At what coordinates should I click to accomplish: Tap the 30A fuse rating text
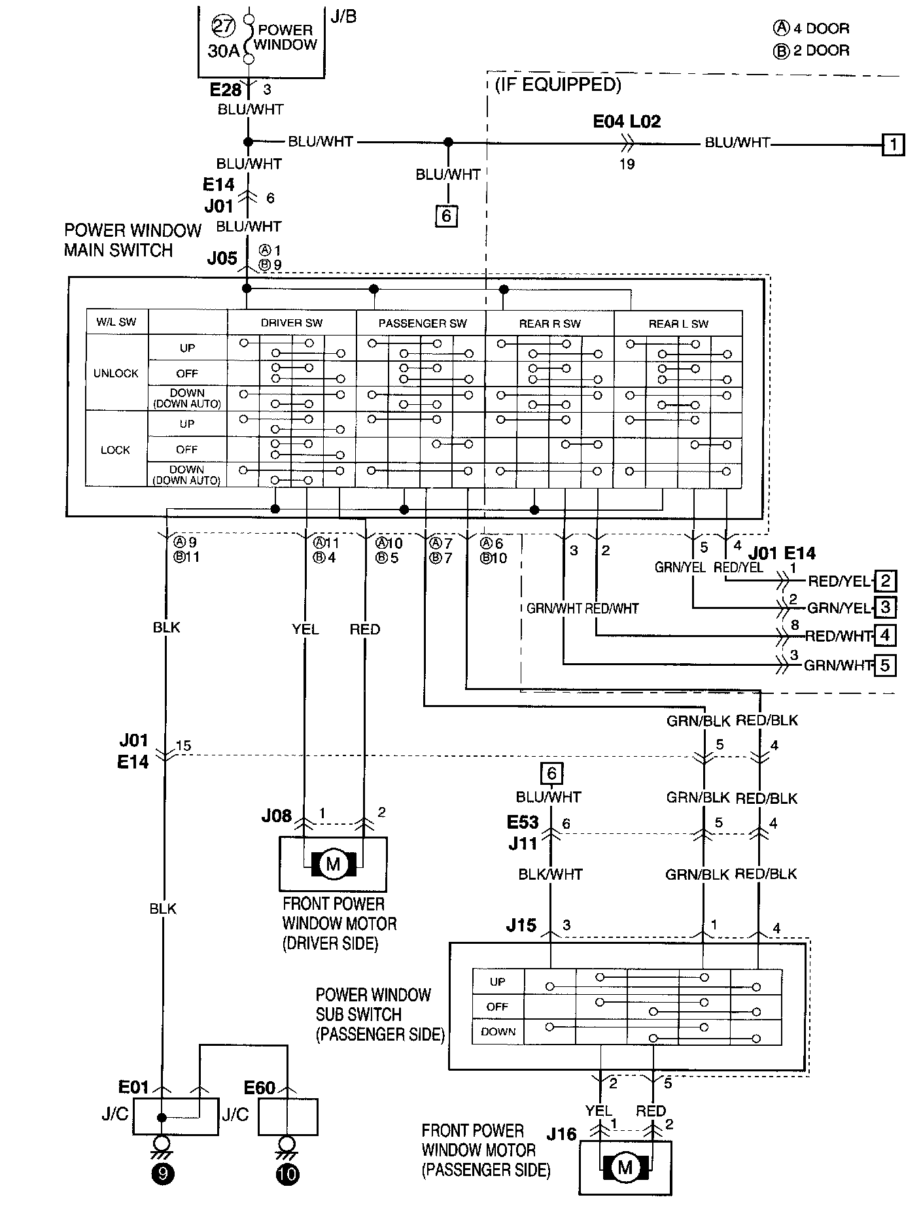pos(223,51)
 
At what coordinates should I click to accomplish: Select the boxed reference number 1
pos(893,144)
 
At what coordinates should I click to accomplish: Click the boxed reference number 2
pos(885,581)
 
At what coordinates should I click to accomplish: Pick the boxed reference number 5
pos(885,665)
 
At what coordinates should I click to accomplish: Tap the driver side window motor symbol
pos(333,864)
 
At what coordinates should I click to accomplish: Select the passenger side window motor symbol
pos(625,1167)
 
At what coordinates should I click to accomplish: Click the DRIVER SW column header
pos(292,323)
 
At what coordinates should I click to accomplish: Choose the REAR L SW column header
pos(678,324)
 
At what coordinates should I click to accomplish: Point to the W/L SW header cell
pos(118,322)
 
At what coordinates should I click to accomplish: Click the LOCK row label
pos(116,450)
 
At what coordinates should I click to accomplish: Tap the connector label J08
pos(277,816)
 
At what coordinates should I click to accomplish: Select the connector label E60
pos(260,1088)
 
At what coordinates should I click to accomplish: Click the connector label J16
pos(561,1133)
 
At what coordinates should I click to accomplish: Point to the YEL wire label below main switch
pos(305,629)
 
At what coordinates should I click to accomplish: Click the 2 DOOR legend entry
pos(812,51)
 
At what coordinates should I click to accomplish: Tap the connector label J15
pos(521,925)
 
